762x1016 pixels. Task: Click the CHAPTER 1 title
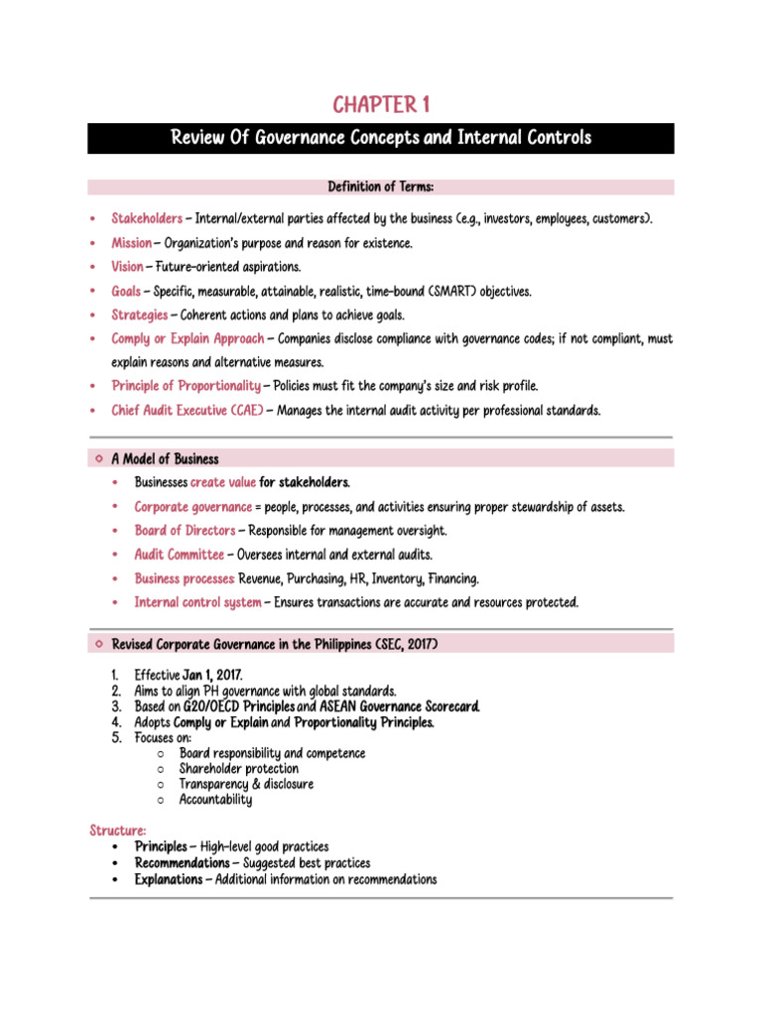[x=381, y=104]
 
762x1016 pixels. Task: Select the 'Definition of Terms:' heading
[x=381, y=187]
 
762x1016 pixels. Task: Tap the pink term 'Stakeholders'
[x=147, y=217]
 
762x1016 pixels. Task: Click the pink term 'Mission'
[x=131, y=242]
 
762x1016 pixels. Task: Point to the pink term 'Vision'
[x=127, y=267]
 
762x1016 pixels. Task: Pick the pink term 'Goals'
[x=126, y=291]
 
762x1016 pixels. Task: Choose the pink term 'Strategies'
[x=140, y=315]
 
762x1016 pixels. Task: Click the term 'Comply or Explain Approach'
[x=188, y=338]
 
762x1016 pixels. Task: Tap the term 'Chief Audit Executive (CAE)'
[x=187, y=410]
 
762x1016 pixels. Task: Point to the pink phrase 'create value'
[x=223, y=482]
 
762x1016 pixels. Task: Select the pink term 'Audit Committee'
[x=180, y=555]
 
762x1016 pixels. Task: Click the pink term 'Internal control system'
[x=198, y=602]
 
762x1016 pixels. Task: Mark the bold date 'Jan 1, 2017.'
[x=212, y=675]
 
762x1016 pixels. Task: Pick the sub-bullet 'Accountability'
[x=215, y=800]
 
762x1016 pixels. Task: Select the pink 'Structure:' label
[x=118, y=829]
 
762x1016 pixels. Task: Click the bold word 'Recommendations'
[x=182, y=863]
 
